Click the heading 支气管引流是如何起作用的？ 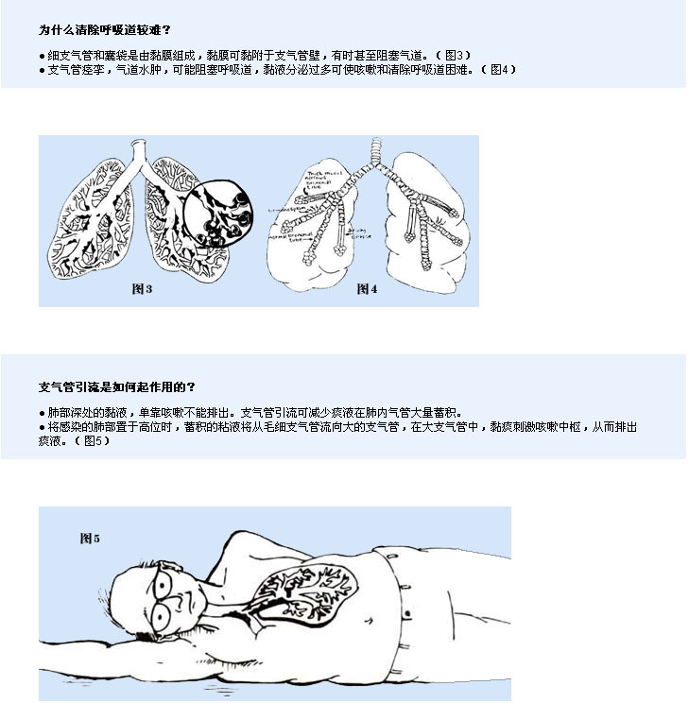tap(117, 386)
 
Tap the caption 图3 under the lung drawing tap(142, 288)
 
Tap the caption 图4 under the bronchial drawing tap(367, 288)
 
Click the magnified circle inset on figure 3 tap(219, 214)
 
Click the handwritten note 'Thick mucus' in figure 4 tap(326, 177)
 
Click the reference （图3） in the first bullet tap(454, 55)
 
